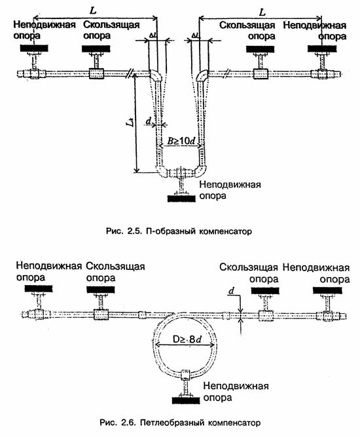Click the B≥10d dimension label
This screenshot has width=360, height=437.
tap(181, 141)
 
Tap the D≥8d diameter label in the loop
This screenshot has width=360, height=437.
tap(187, 339)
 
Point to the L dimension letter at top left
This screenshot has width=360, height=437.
tap(93, 10)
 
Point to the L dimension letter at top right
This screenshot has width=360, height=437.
tap(262, 12)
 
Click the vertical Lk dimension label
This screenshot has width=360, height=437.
tap(130, 122)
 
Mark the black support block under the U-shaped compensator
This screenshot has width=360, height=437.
tap(181, 199)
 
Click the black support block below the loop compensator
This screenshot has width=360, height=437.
tap(186, 400)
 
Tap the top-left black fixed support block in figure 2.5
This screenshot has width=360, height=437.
tap(34, 48)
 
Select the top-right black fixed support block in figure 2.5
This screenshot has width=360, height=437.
tap(321, 48)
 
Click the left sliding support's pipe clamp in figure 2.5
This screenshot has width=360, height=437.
tap(96, 74)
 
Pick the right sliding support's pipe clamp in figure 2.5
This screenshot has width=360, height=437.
tap(261, 74)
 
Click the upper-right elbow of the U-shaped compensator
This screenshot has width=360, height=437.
tap(202, 75)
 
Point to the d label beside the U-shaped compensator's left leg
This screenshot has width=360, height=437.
tap(149, 121)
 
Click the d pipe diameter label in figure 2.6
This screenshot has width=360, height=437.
tap(231, 291)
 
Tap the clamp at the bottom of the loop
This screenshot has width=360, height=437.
tap(185, 375)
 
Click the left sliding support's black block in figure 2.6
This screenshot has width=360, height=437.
tap(101, 290)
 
